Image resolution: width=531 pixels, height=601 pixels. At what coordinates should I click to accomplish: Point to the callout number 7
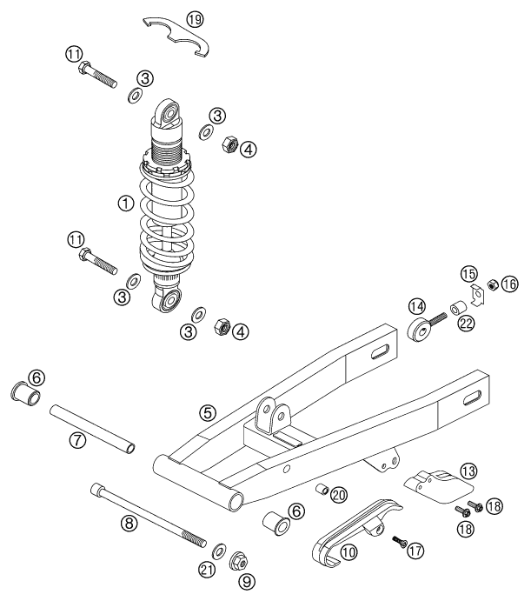click(x=78, y=441)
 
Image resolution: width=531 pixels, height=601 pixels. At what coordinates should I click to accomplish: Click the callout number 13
click(x=468, y=471)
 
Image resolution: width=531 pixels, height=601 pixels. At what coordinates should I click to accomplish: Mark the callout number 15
click(x=469, y=275)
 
